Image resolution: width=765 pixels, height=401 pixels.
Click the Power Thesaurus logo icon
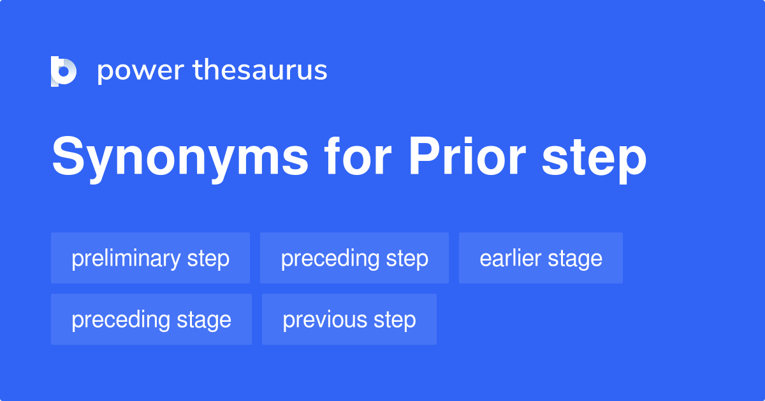pos(64,71)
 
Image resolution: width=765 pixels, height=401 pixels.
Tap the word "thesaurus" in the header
pos(260,71)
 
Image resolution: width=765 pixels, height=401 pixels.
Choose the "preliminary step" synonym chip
pos(150,259)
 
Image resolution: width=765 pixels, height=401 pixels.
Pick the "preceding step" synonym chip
pos(354,259)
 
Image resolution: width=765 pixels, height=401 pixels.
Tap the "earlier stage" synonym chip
pos(541,259)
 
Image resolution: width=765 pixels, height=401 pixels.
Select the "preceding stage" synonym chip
pos(151,320)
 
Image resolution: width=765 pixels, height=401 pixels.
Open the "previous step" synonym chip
pos(349,320)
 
